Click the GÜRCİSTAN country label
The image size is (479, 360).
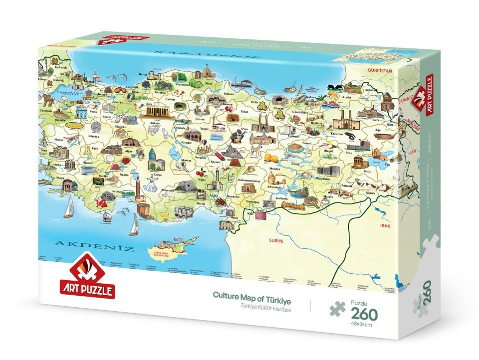[x=381, y=71]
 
